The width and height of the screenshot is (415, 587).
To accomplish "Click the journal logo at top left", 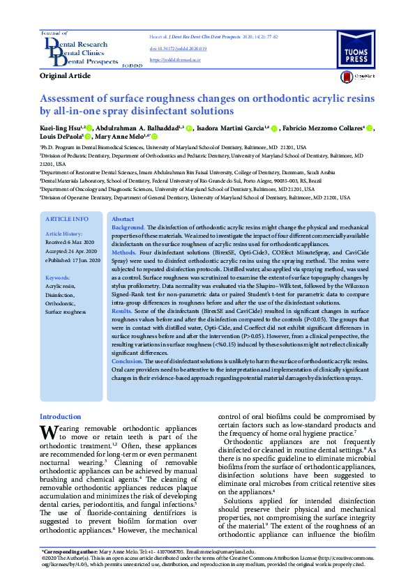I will click(x=81, y=49).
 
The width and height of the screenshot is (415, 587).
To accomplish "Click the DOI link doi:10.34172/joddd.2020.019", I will click(x=173, y=49).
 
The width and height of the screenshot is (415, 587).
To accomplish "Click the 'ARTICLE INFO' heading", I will click(x=67, y=219).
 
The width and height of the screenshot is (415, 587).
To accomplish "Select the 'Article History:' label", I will click(x=64, y=234).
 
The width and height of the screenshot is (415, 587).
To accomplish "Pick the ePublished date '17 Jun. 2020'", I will click(x=86, y=259).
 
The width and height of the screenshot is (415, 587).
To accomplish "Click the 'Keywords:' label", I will click(x=59, y=278).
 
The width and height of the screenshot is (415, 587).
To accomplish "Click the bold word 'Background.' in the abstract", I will click(x=128, y=228).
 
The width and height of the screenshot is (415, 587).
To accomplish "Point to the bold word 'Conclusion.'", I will click(x=128, y=361).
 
